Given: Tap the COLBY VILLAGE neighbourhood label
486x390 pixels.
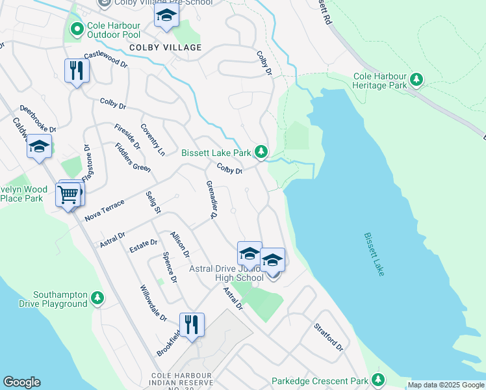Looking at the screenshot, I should [x=165, y=47].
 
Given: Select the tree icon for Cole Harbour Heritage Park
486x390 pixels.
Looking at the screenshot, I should [x=416, y=81].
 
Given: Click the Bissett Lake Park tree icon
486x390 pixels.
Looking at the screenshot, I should [x=261, y=152].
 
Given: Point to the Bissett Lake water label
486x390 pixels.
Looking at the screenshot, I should [x=374, y=254].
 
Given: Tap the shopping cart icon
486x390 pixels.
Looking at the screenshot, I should [x=68, y=194].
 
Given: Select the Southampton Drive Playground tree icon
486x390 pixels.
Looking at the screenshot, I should [x=97, y=298].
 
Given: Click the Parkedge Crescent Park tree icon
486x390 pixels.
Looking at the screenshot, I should [x=378, y=380].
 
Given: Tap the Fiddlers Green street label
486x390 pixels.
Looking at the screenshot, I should [x=133, y=157].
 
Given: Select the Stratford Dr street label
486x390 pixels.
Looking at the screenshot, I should [x=328, y=337].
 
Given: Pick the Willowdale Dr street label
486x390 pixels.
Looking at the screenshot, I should [x=153, y=302].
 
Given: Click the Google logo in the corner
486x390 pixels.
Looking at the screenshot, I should [x=21, y=382].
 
